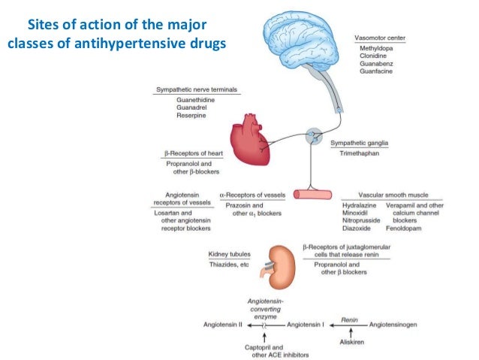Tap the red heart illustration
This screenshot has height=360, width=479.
[254, 138]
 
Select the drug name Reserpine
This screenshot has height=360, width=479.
[194, 116]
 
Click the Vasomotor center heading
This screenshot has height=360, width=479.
[381, 36]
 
